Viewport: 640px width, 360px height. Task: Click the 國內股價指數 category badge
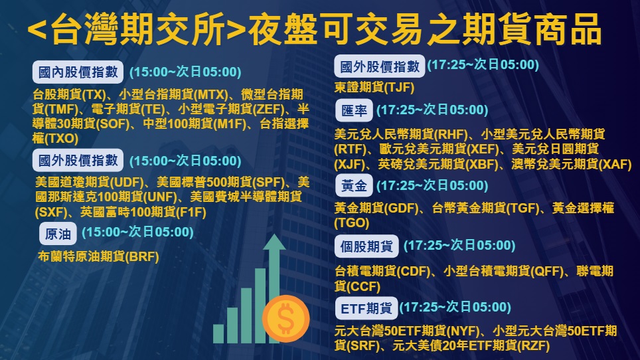(78, 72)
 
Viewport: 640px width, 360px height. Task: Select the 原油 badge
(58, 234)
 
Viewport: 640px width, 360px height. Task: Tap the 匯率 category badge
(355, 110)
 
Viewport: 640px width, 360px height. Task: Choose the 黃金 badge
(355, 186)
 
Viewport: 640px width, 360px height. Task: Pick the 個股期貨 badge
(366, 246)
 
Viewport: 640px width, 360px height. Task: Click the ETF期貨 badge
(366, 308)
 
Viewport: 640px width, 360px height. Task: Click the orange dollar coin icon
(285, 318)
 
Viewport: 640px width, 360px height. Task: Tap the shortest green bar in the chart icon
(218, 333)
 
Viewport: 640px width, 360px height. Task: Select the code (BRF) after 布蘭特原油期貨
(142, 257)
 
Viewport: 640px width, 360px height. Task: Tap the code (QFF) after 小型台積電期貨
(544, 271)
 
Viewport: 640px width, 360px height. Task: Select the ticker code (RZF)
(534, 345)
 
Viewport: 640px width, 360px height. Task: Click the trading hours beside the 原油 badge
(137, 232)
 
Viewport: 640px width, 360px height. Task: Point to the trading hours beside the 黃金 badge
(432, 186)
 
